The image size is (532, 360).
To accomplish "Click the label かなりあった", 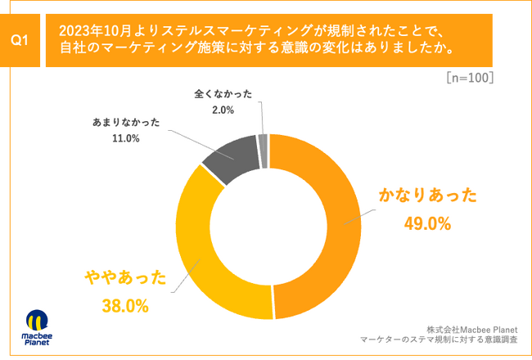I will pyautogui.click(x=427, y=196).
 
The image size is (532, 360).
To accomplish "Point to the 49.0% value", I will pyautogui.click(x=427, y=223).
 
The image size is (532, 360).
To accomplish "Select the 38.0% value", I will pyautogui.click(x=124, y=306).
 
